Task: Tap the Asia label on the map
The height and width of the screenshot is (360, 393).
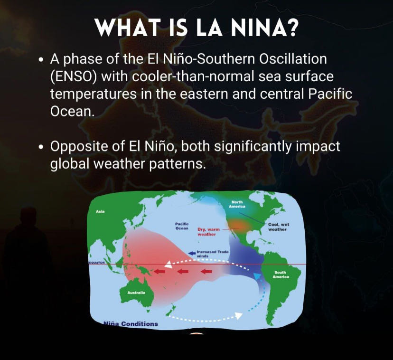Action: (100, 211)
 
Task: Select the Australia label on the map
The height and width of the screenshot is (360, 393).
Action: (136, 293)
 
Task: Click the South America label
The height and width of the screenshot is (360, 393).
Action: (281, 275)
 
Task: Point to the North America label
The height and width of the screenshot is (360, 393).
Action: (237, 204)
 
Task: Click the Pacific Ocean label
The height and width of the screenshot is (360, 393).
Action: (182, 226)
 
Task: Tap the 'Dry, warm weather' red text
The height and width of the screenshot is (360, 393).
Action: (208, 232)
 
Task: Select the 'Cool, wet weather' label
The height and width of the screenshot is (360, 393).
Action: (279, 227)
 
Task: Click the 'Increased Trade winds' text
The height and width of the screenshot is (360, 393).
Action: (213, 254)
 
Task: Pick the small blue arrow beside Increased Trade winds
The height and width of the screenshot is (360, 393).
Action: (192, 254)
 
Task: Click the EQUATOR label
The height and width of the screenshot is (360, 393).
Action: (97, 263)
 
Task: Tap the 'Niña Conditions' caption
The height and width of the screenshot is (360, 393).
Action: (131, 324)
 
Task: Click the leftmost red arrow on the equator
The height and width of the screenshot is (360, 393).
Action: (159, 271)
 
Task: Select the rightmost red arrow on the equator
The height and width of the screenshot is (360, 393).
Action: (206, 271)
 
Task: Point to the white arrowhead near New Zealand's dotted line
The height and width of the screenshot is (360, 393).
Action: (239, 315)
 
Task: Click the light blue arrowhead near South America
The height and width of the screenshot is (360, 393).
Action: (257, 276)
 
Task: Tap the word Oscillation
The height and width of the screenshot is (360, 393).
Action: (293, 59)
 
